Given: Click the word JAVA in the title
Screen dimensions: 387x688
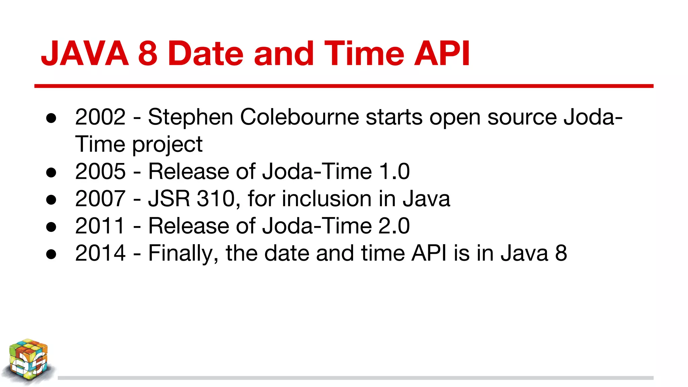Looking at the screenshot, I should tap(85, 53).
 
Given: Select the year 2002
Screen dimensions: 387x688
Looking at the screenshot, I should tap(100, 117).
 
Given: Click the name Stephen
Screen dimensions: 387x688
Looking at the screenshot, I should tap(190, 117).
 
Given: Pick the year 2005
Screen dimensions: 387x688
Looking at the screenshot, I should tap(100, 171).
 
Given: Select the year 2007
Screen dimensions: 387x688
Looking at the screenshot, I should tap(100, 199).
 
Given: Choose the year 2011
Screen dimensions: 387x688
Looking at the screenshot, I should tap(100, 226).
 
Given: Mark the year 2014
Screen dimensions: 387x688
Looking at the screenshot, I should tap(100, 253).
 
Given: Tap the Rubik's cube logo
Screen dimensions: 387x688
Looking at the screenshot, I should tap(28, 361).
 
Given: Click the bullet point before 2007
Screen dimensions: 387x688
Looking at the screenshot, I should tap(51, 200).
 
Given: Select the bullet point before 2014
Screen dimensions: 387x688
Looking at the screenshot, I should tap(51, 254).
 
